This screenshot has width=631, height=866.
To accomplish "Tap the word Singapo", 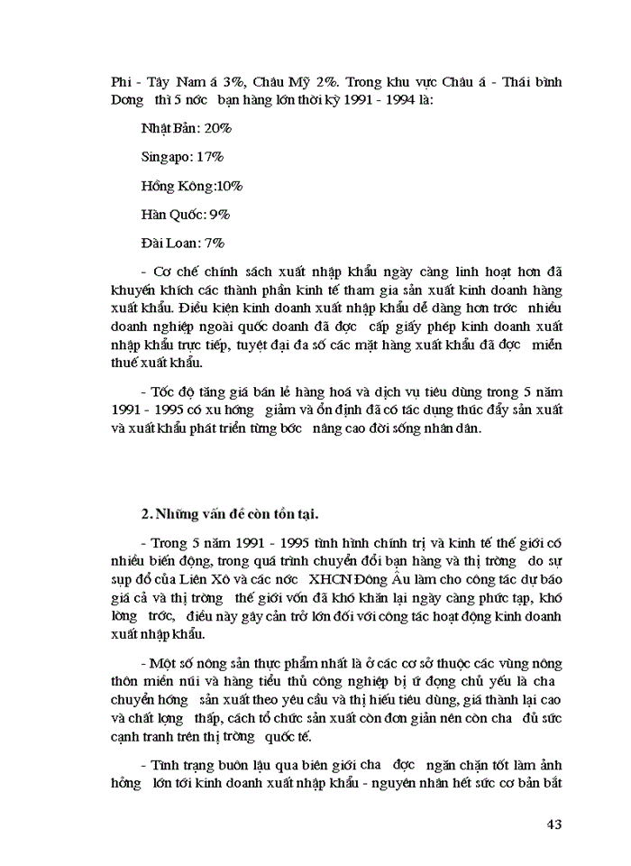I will tap(165, 157).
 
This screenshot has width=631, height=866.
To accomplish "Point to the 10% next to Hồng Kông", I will tap(229, 186).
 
